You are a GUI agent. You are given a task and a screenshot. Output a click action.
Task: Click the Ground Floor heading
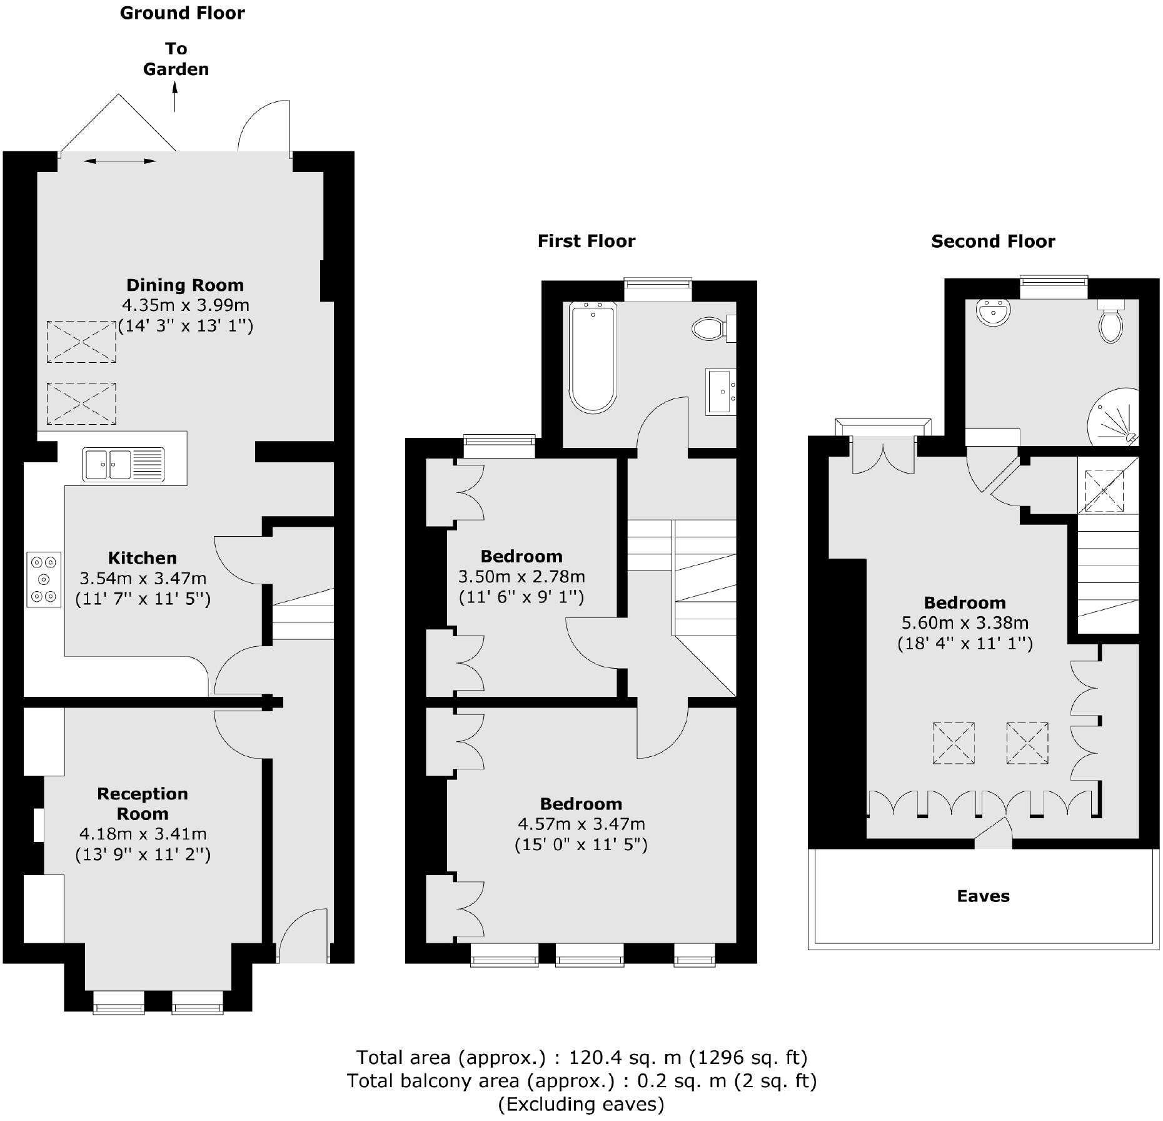click(x=182, y=13)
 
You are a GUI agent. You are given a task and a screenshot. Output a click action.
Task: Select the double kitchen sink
click(x=124, y=465)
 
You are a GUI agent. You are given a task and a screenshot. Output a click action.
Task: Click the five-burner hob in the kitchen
click(x=44, y=579)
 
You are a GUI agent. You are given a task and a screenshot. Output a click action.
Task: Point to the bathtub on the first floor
click(x=593, y=357)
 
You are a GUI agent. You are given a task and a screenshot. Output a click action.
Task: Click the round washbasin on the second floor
click(x=993, y=312)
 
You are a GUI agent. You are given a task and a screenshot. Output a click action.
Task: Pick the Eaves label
click(x=983, y=896)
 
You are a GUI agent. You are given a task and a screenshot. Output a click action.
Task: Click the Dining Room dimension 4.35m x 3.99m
click(x=185, y=305)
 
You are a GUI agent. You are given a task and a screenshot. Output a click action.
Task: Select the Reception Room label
click(x=143, y=803)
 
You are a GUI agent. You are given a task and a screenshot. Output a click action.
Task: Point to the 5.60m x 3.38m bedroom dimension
click(x=964, y=622)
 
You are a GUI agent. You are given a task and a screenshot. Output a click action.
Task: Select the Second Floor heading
click(x=992, y=241)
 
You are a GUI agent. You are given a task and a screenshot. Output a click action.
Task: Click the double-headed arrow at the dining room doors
click(x=119, y=161)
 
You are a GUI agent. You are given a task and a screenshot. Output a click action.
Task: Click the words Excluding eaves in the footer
click(x=581, y=1104)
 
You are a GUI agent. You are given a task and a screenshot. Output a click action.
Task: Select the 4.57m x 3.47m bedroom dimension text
click(x=581, y=824)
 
